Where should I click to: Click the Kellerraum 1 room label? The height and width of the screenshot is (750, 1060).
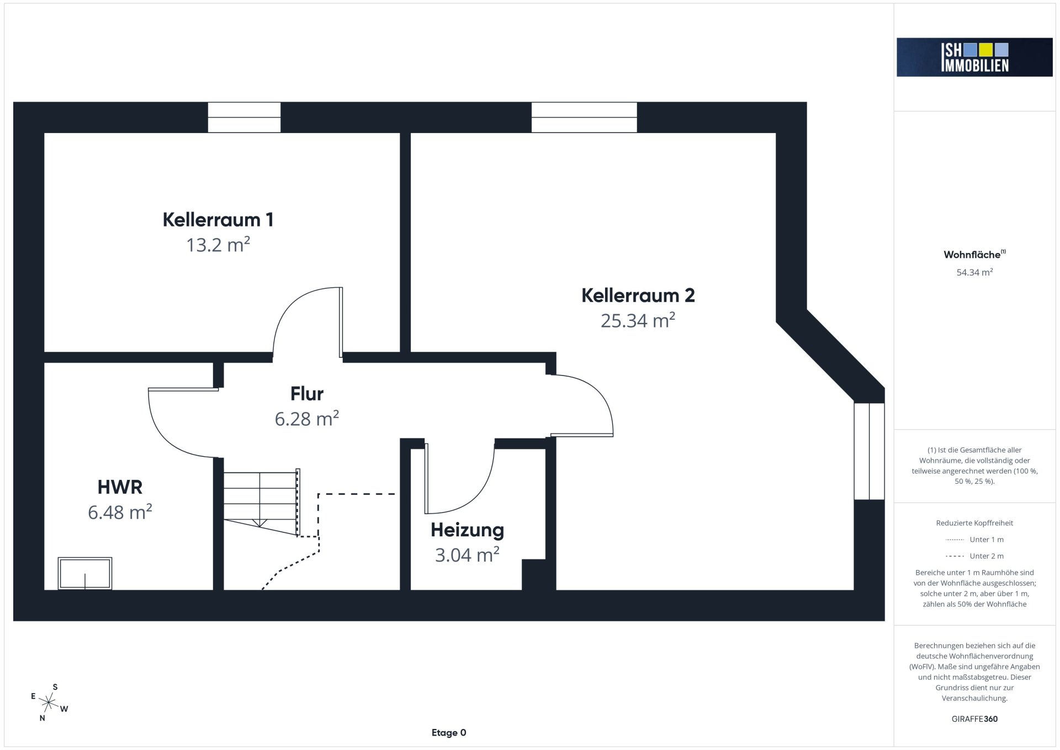click(x=218, y=220)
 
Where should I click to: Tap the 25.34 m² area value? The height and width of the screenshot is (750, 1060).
click(x=638, y=320)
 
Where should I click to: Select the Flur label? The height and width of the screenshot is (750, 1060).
click(x=307, y=394)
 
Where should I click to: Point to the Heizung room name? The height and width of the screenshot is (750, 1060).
click(x=467, y=530)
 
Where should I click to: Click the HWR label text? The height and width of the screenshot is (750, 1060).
click(x=120, y=487)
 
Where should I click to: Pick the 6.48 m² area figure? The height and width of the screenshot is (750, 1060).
click(x=120, y=513)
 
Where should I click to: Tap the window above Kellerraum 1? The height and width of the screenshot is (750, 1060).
click(x=244, y=117)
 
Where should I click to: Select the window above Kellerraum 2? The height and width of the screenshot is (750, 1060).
click(x=584, y=117)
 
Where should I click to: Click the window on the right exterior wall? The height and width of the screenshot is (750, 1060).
click(x=869, y=451)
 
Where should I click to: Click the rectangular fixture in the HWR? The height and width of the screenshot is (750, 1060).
click(x=85, y=573)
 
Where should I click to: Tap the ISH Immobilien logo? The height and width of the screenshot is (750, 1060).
click(x=974, y=57)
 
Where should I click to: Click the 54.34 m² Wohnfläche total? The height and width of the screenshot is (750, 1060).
click(x=974, y=272)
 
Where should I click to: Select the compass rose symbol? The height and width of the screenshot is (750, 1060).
click(x=49, y=703)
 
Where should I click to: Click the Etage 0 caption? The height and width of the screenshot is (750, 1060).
click(x=449, y=733)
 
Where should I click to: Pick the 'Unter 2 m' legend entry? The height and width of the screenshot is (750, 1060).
click(x=974, y=556)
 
